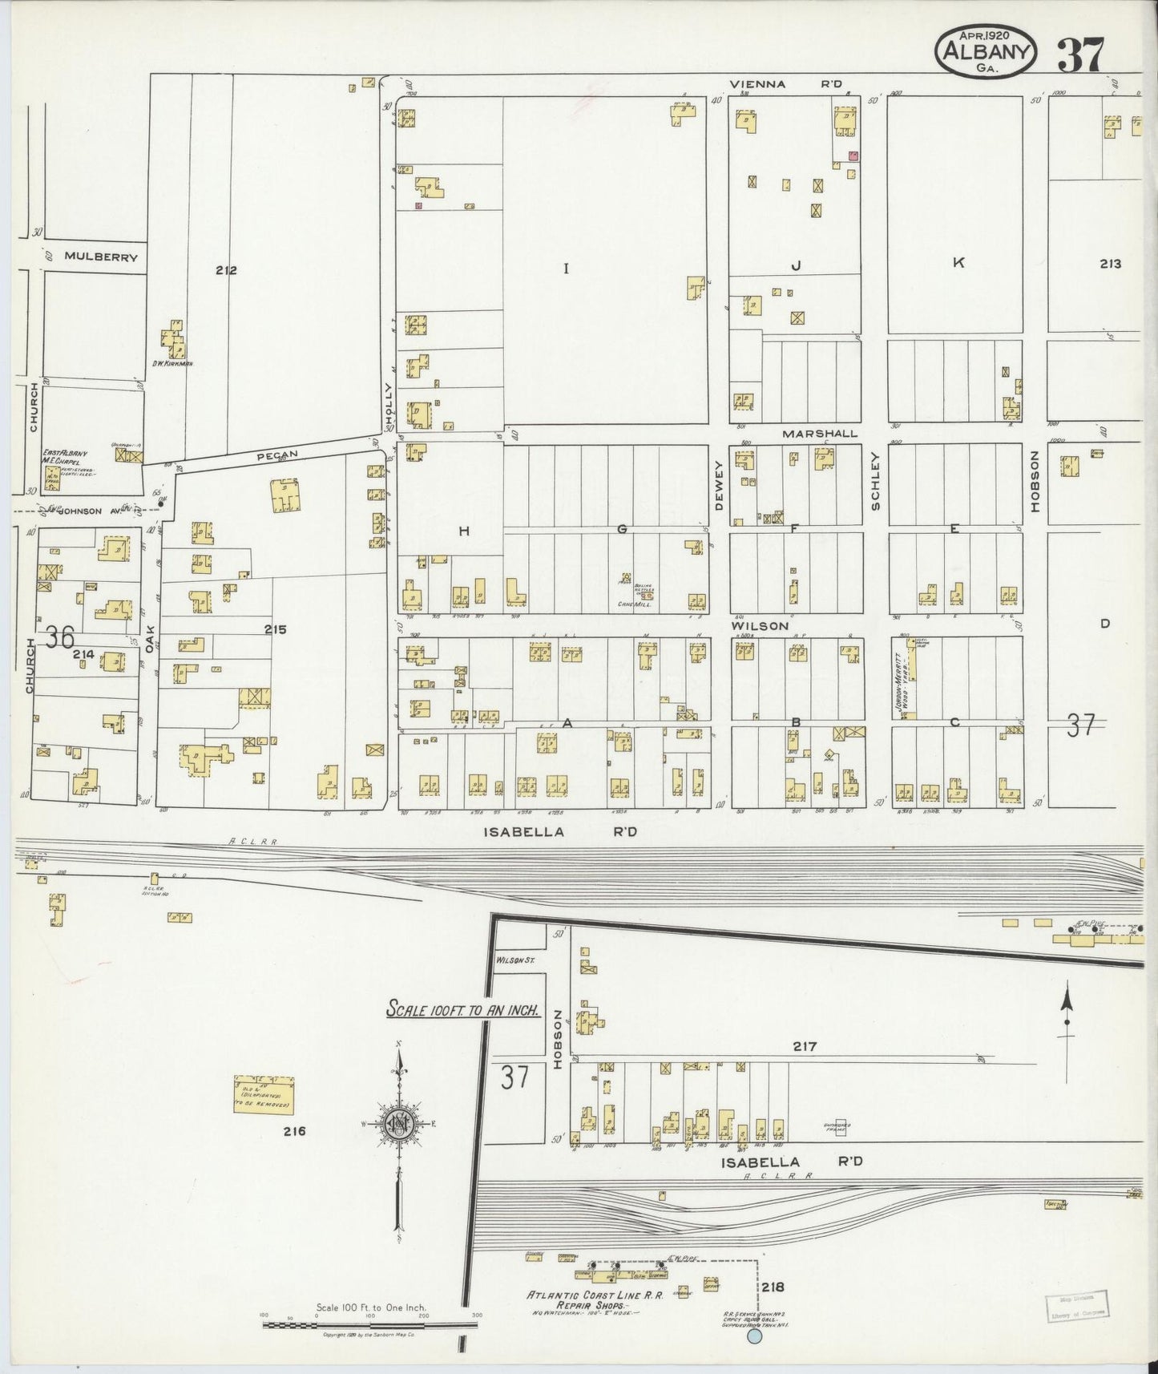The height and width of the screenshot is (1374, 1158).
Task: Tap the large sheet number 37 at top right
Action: (x=1080, y=55)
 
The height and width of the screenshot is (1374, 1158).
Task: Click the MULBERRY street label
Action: (x=101, y=257)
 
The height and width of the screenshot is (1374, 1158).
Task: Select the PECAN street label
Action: (x=277, y=455)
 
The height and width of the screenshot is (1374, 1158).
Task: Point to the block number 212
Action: (x=226, y=270)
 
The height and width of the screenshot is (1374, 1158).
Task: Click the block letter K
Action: (x=958, y=262)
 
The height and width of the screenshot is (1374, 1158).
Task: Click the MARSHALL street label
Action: (x=820, y=433)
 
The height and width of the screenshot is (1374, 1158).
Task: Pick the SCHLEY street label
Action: (x=875, y=481)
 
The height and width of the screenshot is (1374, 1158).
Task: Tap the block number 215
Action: (x=276, y=630)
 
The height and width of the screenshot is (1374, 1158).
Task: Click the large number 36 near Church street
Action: (x=60, y=638)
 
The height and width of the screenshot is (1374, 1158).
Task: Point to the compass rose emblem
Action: (x=397, y=1123)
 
